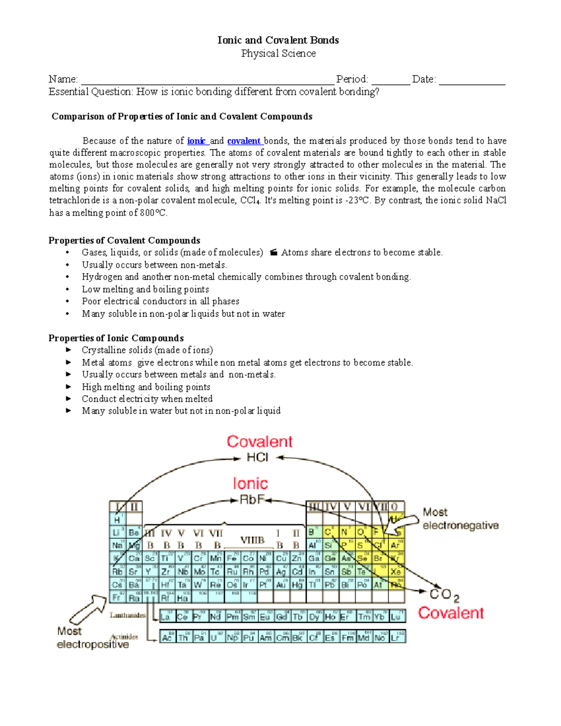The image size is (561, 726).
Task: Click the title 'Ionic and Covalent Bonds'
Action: pyautogui.click(x=278, y=40)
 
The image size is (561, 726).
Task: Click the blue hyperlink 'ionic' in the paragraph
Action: pyautogui.click(x=196, y=141)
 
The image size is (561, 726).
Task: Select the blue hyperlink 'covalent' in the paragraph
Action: pyautogui.click(x=244, y=141)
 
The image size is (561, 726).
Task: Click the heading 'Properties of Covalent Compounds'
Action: pyautogui.click(x=124, y=240)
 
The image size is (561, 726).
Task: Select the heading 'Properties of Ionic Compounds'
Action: pyautogui.click(x=116, y=338)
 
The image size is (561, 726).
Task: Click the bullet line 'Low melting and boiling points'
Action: pyautogui.click(x=145, y=289)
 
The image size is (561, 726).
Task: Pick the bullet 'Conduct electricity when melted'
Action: pyautogui.click(x=147, y=399)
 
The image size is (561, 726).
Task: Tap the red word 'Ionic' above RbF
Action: pyautogui.click(x=250, y=483)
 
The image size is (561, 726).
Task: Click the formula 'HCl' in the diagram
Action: pyautogui.click(x=258, y=457)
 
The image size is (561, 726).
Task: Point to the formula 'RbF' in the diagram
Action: pyautogui.click(x=252, y=500)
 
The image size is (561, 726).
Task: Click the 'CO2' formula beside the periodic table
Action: pyautogui.click(x=444, y=595)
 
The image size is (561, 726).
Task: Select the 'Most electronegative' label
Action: pyautogui.click(x=460, y=519)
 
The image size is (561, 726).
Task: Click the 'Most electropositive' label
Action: pyautogui.click(x=92, y=638)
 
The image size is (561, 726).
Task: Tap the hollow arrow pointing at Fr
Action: pyautogui.click(x=88, y=610)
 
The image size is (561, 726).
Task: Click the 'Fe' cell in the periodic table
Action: pyautogui.click(x=231, y=558)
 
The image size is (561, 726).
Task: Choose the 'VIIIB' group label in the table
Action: pyautogui.click(x=252, y=540)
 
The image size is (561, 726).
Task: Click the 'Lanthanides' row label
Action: pyautogui.click(x=128, y=615)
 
